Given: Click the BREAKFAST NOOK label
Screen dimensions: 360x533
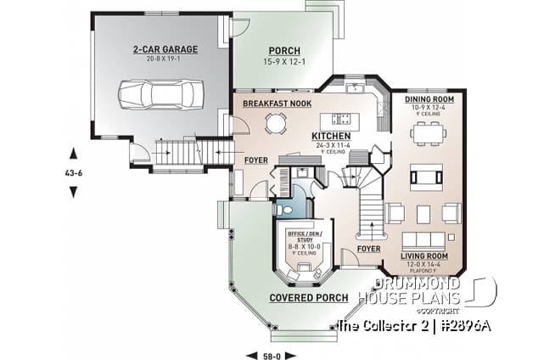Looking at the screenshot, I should (x=277, y=104).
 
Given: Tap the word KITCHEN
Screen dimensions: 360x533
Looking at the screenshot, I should (x=331, y=136).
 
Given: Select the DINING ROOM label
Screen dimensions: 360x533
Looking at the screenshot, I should (x=428, y=98).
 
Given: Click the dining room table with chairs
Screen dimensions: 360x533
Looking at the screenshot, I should (x=426, y=133).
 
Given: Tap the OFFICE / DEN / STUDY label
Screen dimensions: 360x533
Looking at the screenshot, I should (x=302, y=235).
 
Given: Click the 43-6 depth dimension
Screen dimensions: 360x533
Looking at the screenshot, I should (x=74, y=172).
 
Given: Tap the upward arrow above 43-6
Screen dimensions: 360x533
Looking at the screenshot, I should (x=74, y=154).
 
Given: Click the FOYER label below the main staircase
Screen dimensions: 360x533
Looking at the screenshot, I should (x=368, y=249).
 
